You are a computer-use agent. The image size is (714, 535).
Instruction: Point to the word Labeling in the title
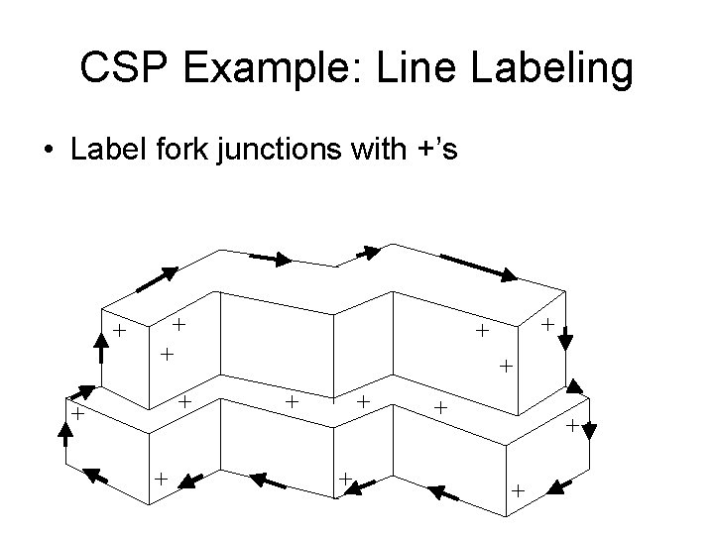point(546,69)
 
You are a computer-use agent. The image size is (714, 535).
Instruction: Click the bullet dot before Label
point(47,152)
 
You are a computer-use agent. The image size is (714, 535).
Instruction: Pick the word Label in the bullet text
point(101,151)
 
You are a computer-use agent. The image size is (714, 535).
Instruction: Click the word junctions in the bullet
point(283,151)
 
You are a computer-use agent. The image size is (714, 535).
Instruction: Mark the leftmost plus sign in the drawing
point(75,414)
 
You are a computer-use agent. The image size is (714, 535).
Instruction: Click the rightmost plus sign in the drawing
point(572,426)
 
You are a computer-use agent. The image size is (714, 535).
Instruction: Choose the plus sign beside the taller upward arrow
point(119,330)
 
